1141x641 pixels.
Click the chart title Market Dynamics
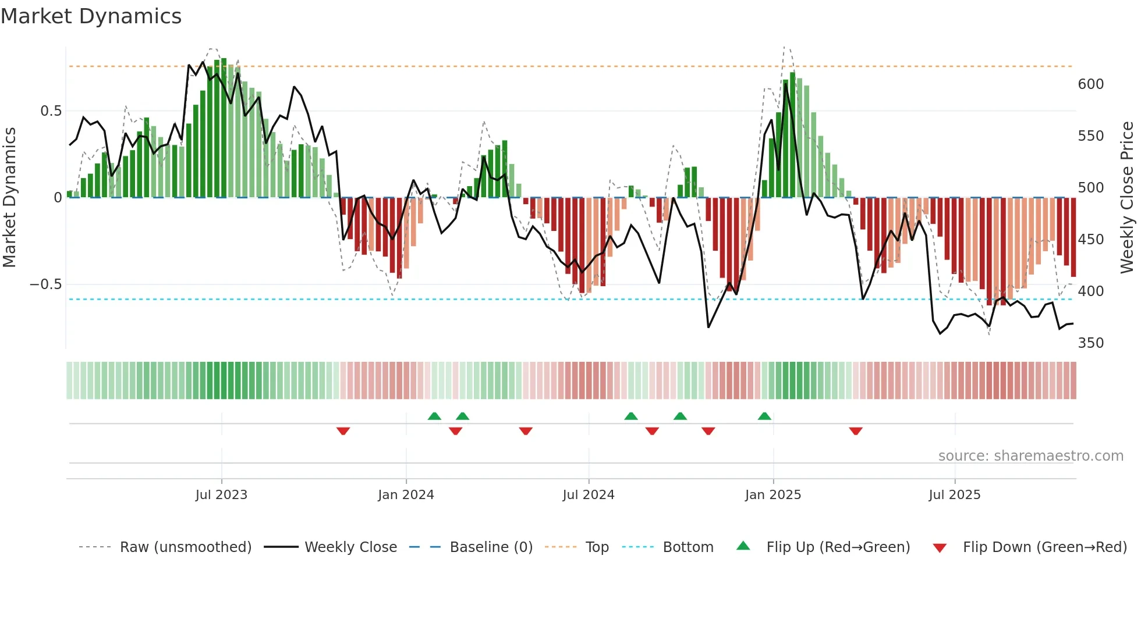(x=91, y=16)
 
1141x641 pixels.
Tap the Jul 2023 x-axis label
(x=221, y=494)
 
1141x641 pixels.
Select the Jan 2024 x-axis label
(x=406, y=494)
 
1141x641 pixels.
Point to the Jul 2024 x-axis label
(x=588, y=494)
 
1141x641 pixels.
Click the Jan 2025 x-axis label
(x=773, y=494)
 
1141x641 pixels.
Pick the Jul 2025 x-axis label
(x=954, y=494)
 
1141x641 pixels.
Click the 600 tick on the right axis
(x=1090, y=84)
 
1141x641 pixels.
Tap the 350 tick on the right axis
(x=1090, y=343)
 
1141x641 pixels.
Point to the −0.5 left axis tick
(x=45, y=284)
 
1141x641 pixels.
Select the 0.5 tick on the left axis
(x=51, y=111)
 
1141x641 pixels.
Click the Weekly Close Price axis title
(x=1127, y=198)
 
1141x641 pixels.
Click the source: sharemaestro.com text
(x=1030, y=456)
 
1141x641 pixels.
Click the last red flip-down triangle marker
(x=855, y=431)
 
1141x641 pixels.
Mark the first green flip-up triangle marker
(x=434, y=416)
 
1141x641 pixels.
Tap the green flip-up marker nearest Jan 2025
(x=764, y=416)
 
